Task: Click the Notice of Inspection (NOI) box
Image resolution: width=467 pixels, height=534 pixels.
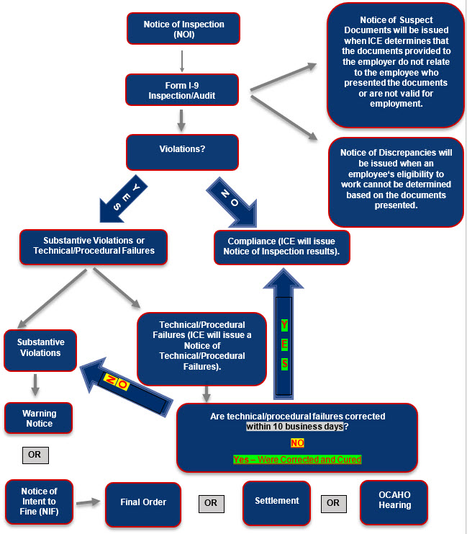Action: [x=183, y=30]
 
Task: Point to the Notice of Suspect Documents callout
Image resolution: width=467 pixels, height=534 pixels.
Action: [x=396, y=65]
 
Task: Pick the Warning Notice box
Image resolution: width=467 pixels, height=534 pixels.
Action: [x=39, y=419]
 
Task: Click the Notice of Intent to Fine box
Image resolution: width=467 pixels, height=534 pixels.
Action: [x=39, y=497]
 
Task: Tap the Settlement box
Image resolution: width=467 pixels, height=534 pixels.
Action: [x=277, y=500]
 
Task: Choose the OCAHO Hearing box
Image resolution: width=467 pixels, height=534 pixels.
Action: [x=394, y=500]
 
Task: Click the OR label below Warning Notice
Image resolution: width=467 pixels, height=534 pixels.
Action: [x=35, y=455]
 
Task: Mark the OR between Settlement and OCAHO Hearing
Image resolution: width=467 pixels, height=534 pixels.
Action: [x=333, y=502]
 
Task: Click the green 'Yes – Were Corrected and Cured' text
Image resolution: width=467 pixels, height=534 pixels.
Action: [x=296, y=459]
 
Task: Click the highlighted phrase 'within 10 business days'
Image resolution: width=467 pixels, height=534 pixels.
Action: [x=295, y=427]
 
